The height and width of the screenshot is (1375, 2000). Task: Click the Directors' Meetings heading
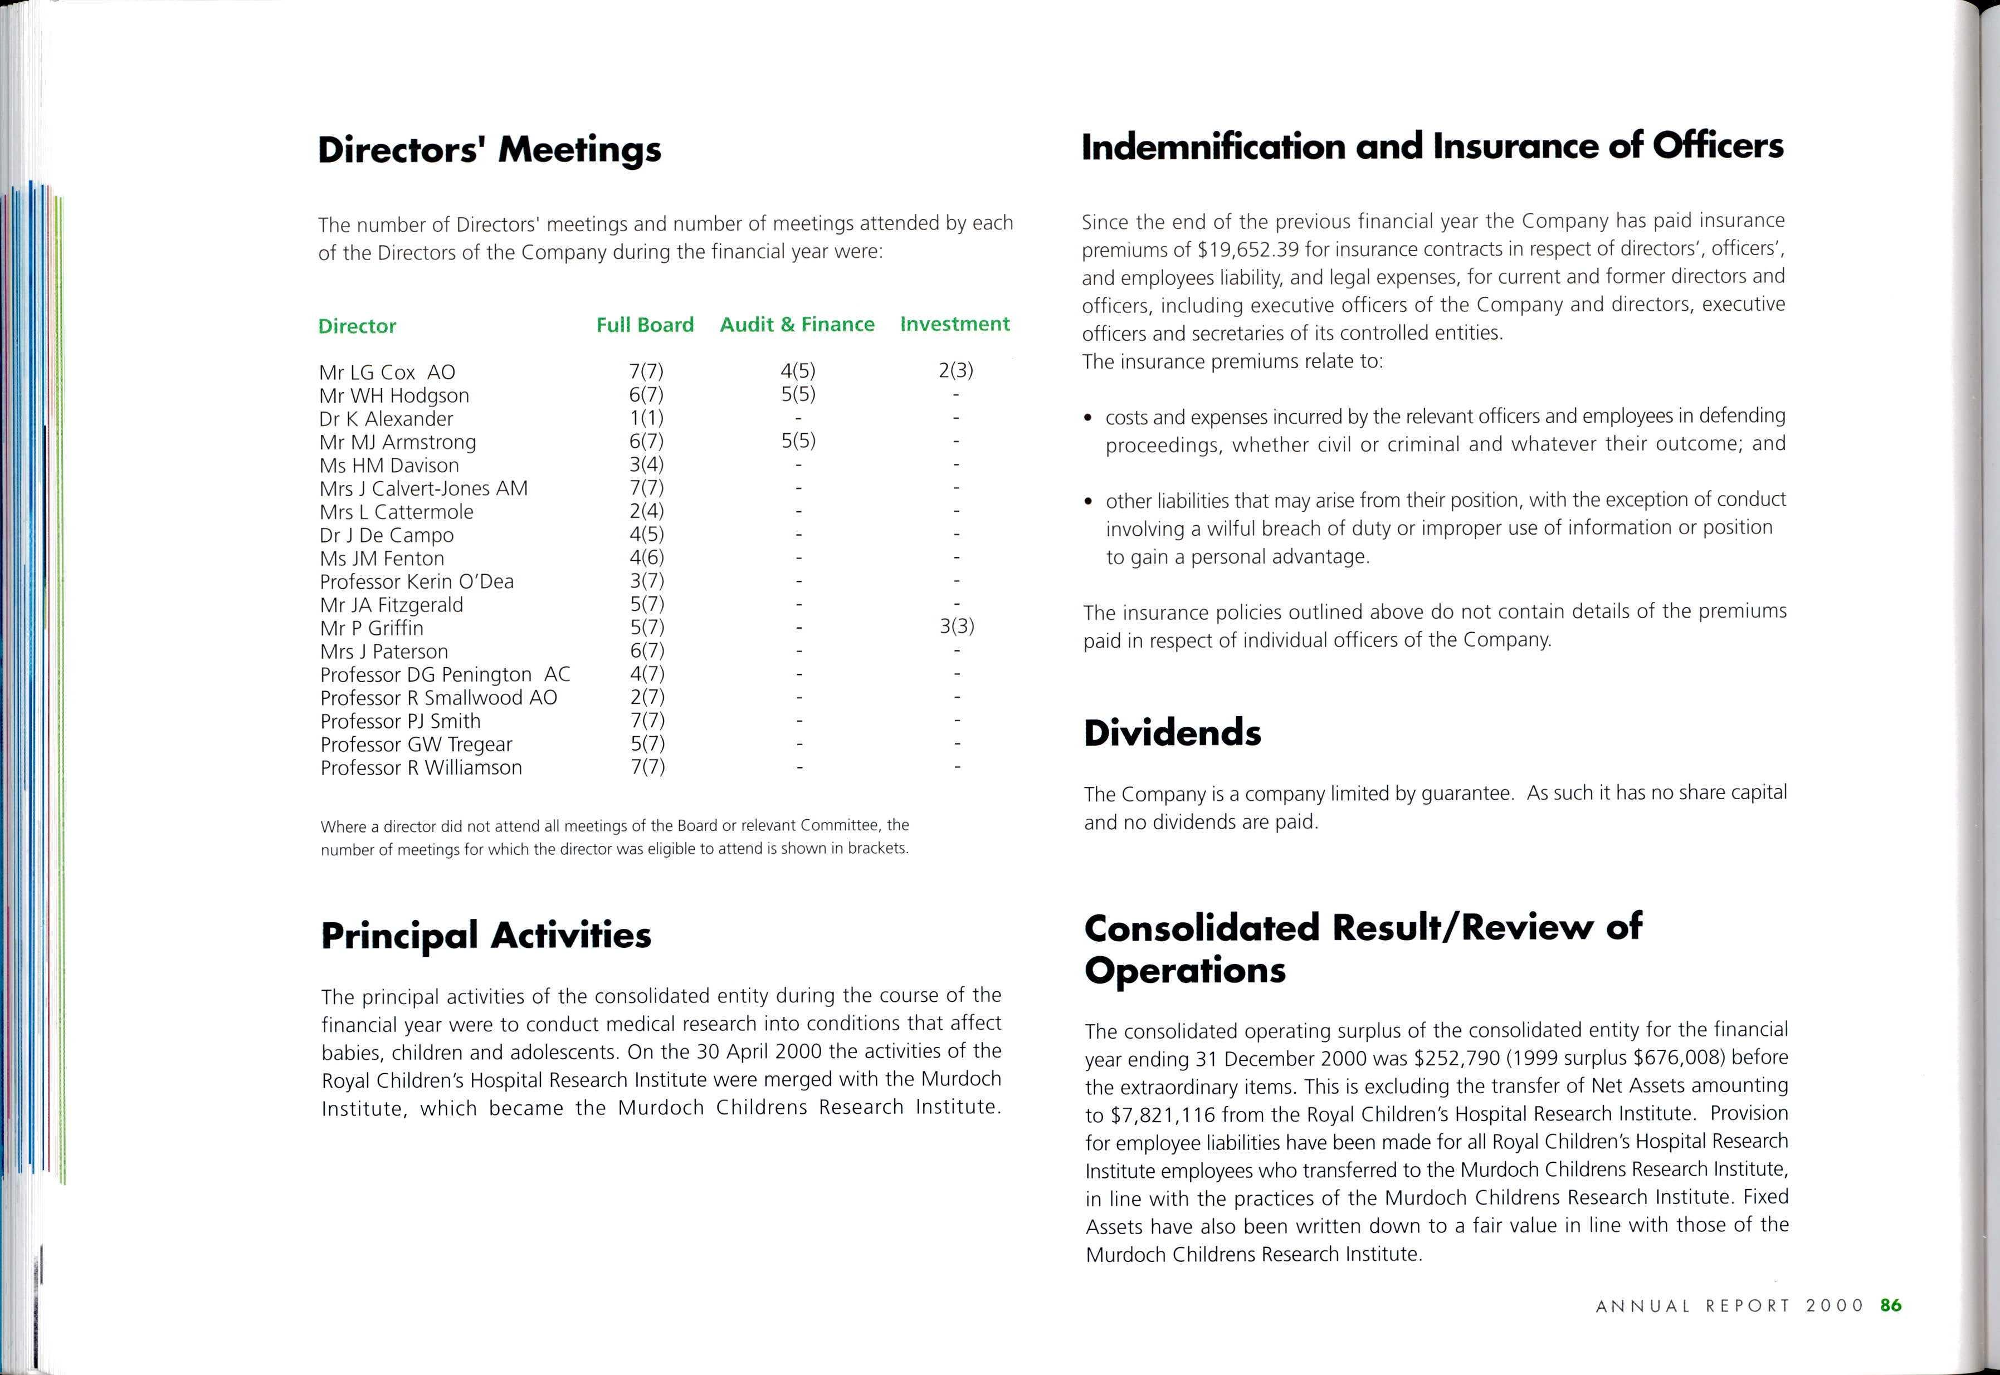pos(490,149)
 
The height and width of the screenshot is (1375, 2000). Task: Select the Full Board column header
pos(645,325)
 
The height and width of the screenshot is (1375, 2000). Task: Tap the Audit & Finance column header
pos(797,324)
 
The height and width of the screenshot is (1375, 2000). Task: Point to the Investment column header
pos(955,324)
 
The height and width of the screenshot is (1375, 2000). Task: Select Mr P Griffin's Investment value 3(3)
pos(957,627)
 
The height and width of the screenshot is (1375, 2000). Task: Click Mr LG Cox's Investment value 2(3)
pos(955,370)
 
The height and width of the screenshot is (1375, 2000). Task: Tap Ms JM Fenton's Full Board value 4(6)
pos(646,557)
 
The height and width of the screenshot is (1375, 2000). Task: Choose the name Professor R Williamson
pos(421,767)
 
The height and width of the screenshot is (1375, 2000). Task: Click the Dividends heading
pos(1172,732)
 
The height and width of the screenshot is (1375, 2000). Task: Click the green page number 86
pos(1891,1305)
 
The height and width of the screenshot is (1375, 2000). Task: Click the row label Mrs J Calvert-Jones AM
pos(423,488)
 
